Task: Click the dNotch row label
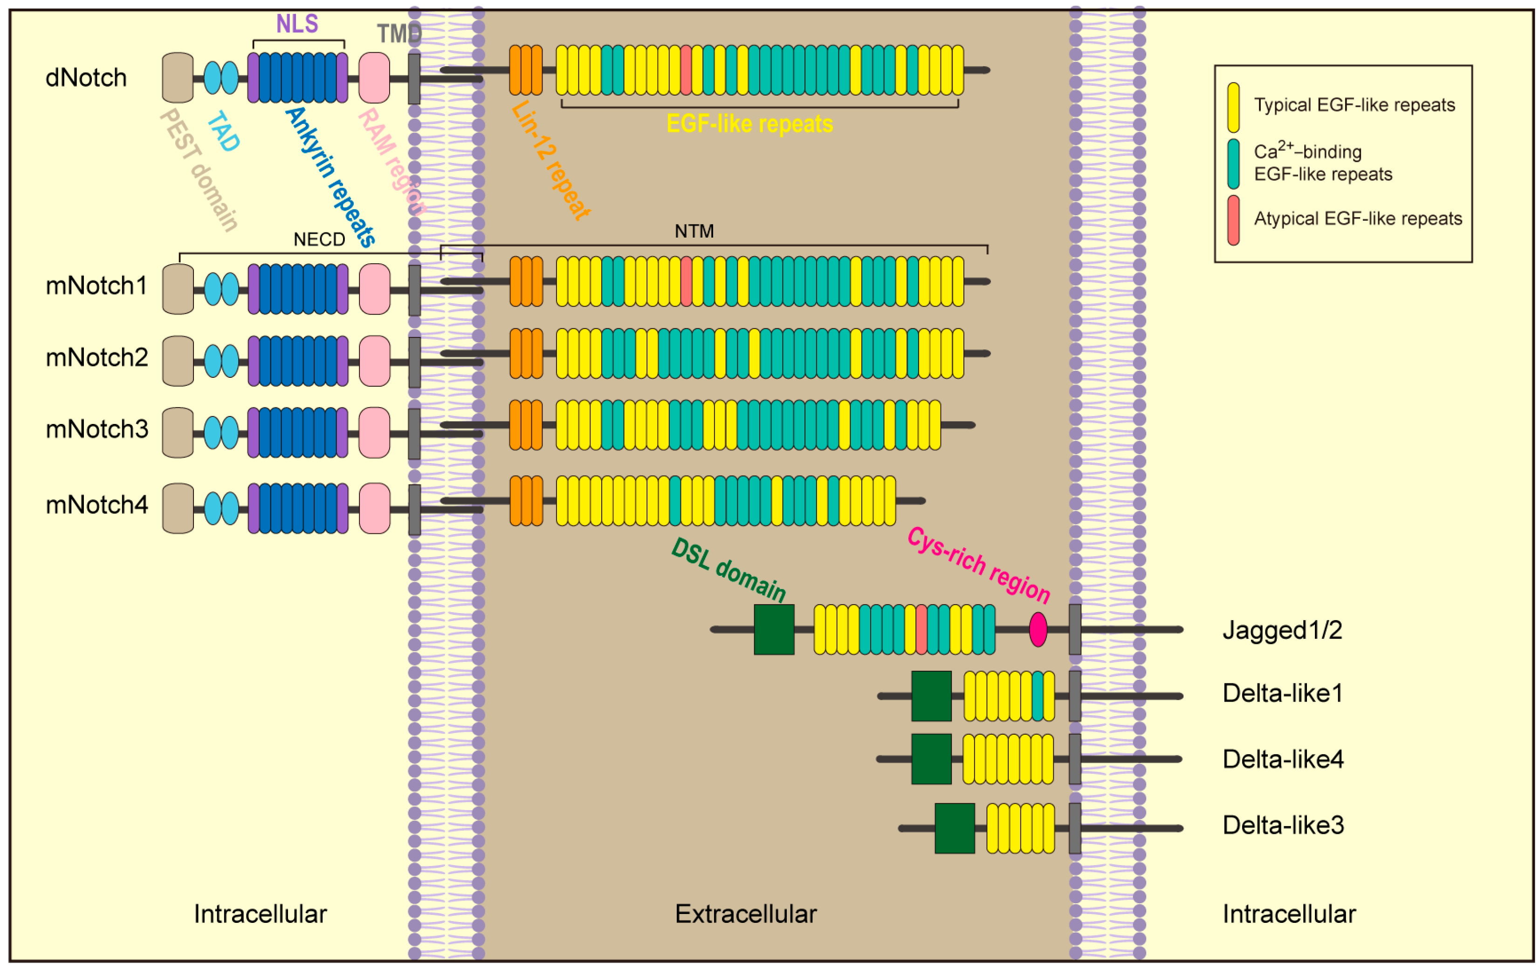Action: click(x=86, y=78)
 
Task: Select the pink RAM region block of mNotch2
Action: click(x=374, y=361)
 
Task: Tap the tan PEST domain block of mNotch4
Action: click(x=178, y=508)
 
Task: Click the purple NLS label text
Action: click(x=297, y=24)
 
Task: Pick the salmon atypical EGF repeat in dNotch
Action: click(x=686, y=70)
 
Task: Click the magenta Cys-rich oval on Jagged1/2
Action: click(x=1038, y=629)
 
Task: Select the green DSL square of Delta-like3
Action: click(x=954, y=828)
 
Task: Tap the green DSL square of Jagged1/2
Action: click(x=774, y=629)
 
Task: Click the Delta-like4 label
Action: click(x=1282, y=759)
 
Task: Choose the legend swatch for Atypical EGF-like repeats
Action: click(x=1233, y=220)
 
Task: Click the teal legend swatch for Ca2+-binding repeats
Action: click(x=1233, y=164)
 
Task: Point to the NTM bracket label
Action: click(x=694, y=232)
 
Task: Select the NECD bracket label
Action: click(x=319, y=240)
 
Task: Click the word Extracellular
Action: click(x=746, y=914)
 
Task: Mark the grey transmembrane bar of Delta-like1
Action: click(x=1075, y=696)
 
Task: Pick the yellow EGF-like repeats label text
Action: click(x=749, y=123)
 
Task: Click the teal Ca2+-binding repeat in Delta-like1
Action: click(x=1038, y=696)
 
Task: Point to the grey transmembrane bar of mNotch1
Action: click(x=414, y=290)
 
